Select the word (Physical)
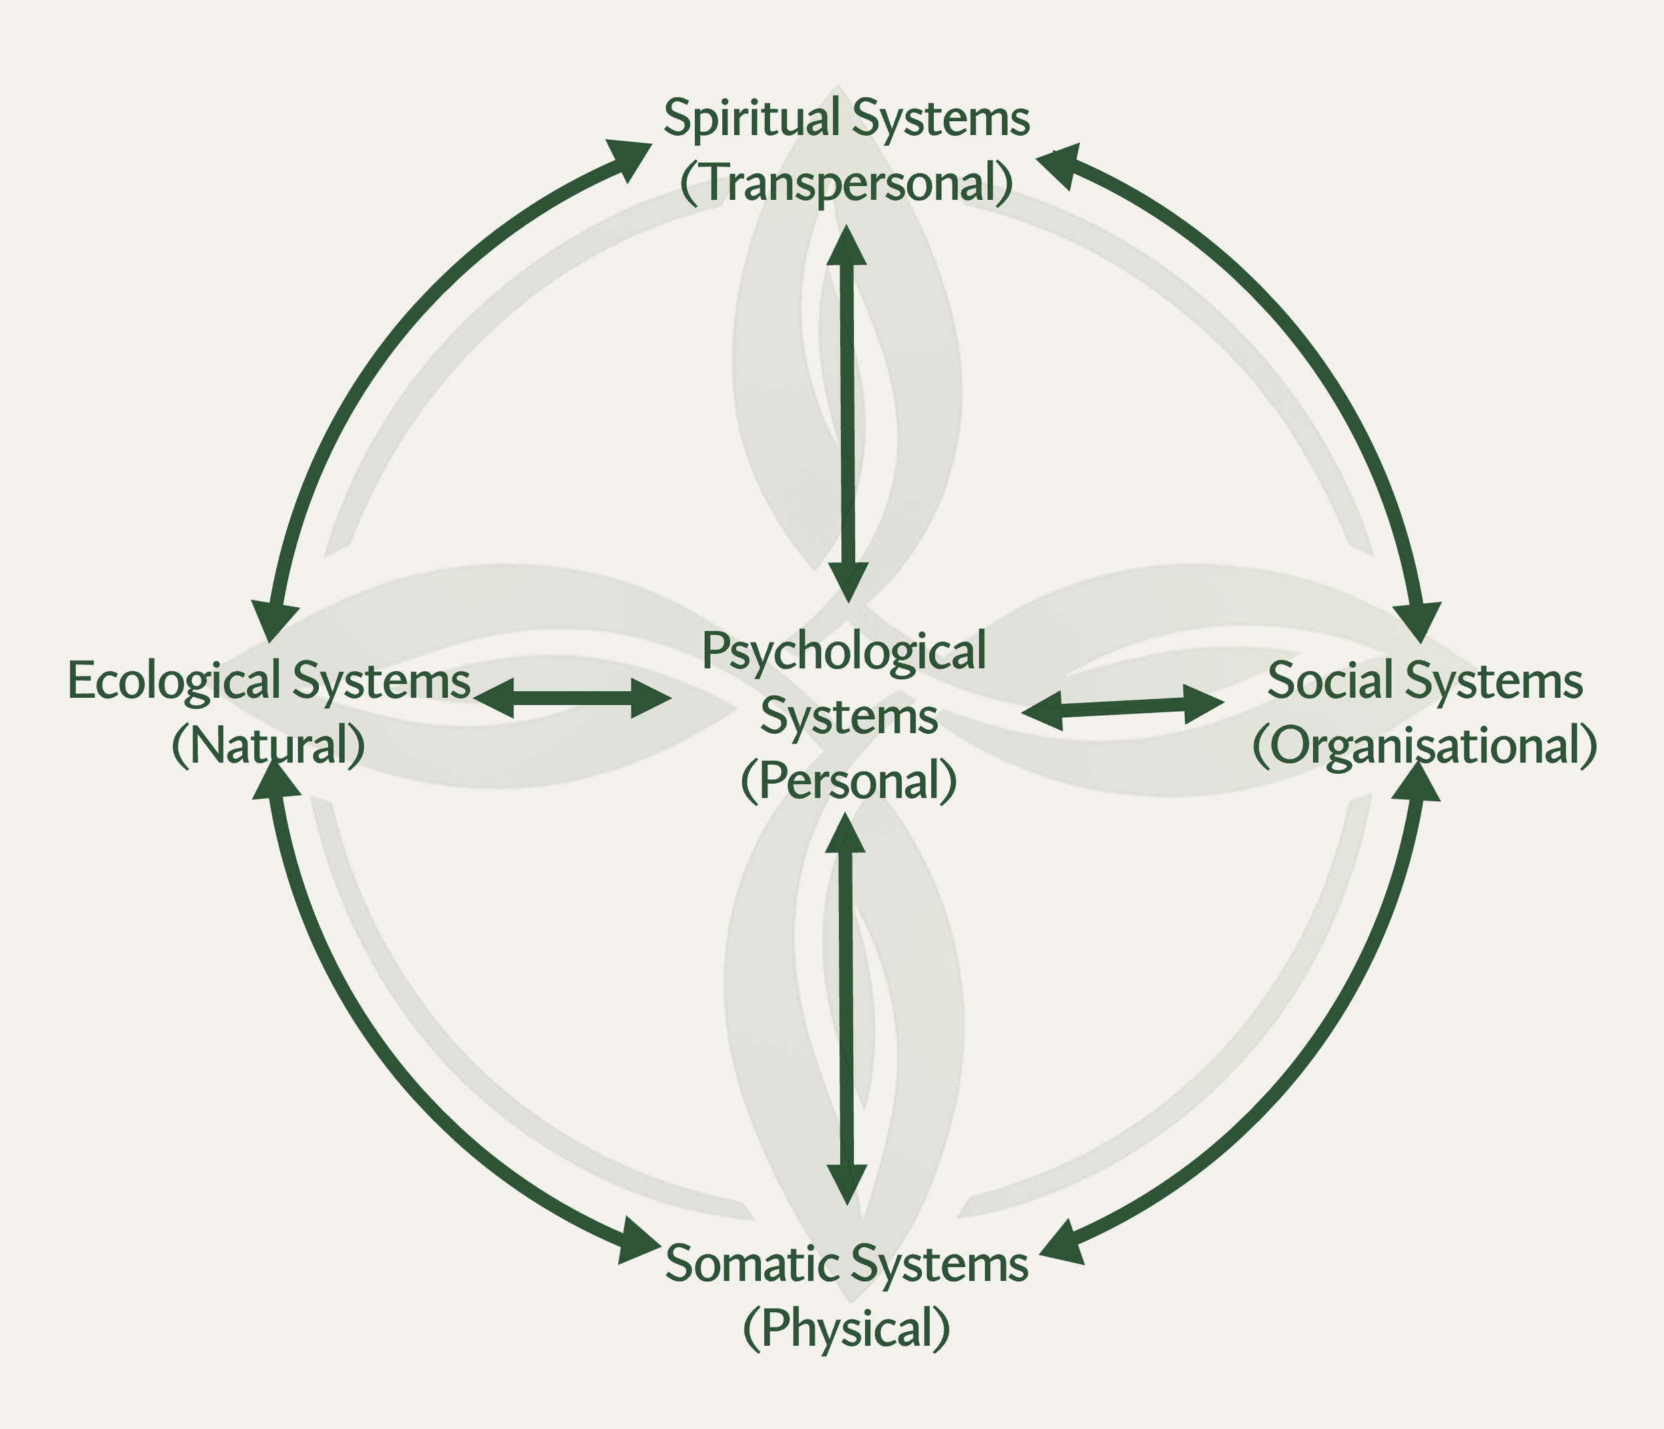point(847,1328)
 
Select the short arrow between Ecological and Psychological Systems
point(572,697)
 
